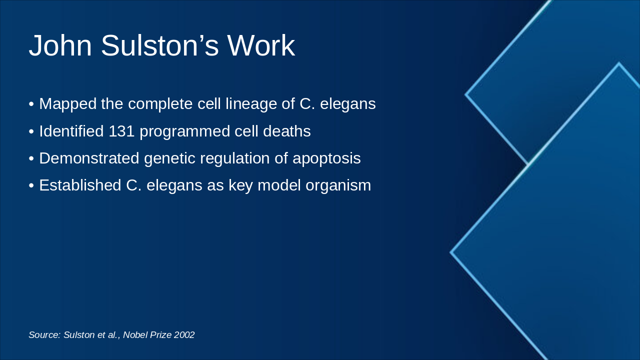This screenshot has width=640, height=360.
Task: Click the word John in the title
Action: (60, 45)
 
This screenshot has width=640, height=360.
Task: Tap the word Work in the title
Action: (261, 45)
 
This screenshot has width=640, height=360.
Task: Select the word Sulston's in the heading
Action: (159, 45)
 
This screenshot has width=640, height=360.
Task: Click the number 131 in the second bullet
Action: (121, 131)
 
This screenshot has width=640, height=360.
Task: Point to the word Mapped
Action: (67, 104)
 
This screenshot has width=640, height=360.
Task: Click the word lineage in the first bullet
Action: (251, 104)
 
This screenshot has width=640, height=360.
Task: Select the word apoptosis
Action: (326, 158)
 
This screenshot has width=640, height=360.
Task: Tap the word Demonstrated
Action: (89, 158)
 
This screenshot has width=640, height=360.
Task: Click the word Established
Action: (80, 185)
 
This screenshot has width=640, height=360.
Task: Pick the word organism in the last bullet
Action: (338, 185)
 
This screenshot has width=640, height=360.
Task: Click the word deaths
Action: (287, 131)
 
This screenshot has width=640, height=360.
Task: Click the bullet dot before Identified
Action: (31, 131)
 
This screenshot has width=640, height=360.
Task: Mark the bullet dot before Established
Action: (31, 185)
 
